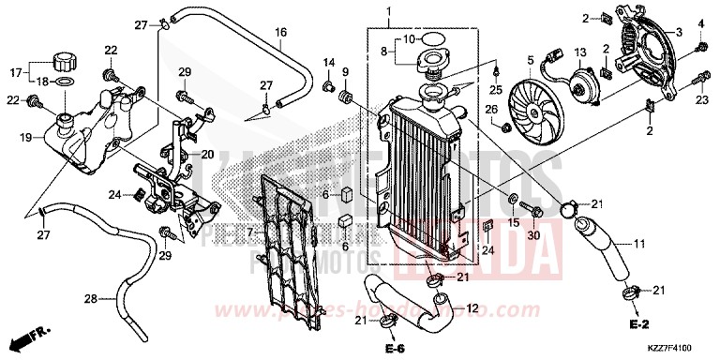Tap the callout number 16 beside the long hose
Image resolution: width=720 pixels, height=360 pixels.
pos(279,33)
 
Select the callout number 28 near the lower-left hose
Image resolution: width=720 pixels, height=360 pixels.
pos(91,300)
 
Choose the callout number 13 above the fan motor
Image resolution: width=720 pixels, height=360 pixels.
pos(580,51)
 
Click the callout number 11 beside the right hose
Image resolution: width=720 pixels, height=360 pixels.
pos(639,245)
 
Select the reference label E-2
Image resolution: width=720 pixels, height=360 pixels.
pos(640,324)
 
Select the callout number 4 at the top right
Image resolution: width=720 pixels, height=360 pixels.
pos(699,23)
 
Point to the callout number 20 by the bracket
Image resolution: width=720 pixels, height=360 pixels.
pos(206,155)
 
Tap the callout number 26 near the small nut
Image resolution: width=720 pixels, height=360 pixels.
pos(490,110)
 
